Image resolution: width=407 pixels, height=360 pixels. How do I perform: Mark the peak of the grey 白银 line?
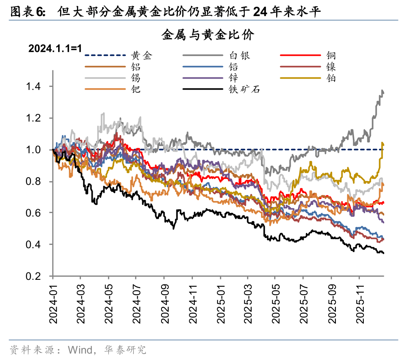(382, 91)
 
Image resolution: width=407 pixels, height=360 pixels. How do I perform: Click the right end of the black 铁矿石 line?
(383, 253)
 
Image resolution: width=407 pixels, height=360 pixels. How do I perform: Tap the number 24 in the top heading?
(260, 13)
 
